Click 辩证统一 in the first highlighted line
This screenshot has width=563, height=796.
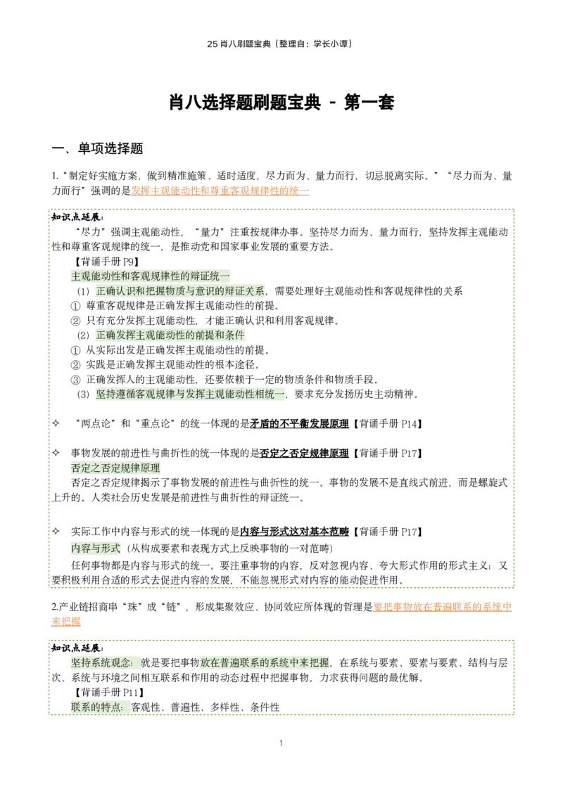tap(210, 276)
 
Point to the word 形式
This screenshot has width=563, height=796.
tap(110, 548)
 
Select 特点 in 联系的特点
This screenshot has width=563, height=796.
tap(112, 707)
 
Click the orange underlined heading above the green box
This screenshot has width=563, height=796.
tap(221, 190)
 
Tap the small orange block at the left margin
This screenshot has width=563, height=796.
tap(67, 622)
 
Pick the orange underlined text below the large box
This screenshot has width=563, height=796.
tap(441, 607)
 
